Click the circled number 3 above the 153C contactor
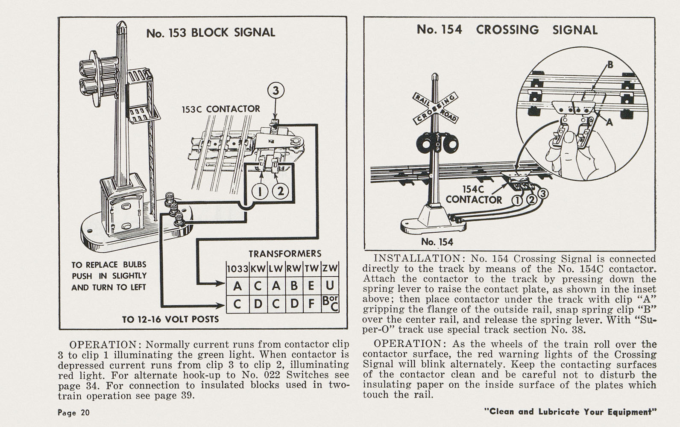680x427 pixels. click(276, 91)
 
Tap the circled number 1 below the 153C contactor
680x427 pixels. click(260, 192)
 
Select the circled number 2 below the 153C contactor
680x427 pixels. click(280, 192)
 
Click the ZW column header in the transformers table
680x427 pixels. click(330, 269)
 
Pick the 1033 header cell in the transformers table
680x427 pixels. click(237, 269)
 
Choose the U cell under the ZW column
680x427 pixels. click(330, 285)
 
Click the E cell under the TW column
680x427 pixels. click(312, 285)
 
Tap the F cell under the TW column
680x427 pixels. click(312, 304)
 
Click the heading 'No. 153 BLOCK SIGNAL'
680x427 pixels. click(211, 33)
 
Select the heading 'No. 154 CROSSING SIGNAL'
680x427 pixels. click(507, 30)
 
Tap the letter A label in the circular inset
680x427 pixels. click(610, 123)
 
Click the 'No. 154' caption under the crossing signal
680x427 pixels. click(437, 242)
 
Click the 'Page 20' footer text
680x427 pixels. click(73, 412)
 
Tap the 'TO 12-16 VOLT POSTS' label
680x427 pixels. click(170, 319)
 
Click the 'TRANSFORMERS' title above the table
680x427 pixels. click(285, 254)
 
